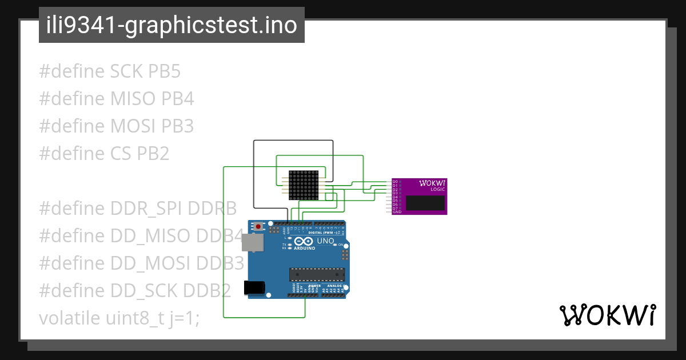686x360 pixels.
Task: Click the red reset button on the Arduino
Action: [x=259, y=226]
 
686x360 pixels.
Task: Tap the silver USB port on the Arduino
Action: [x=253, y=243]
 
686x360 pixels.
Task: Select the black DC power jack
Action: [x=254, y=288]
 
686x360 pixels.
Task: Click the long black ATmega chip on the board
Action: [x=317, y=275]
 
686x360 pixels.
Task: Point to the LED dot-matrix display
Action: [x=304, y=185]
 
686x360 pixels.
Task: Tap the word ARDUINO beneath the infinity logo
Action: [x=305, y=249]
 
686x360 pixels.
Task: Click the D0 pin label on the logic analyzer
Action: [x=395, y=182]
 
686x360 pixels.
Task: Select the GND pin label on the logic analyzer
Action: [x=397, y=212]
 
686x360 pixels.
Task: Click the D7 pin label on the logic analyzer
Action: [x=395, y=208]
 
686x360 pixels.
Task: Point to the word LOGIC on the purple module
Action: [x=437, y=189]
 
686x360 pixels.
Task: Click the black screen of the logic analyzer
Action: [x=425, y=202]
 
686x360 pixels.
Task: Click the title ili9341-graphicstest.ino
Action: [x=171, y=26]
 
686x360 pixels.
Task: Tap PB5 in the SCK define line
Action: [x=164, y=72]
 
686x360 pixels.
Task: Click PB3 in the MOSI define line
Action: [x=177, y=126]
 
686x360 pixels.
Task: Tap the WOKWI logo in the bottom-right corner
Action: [x=607, y=315]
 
